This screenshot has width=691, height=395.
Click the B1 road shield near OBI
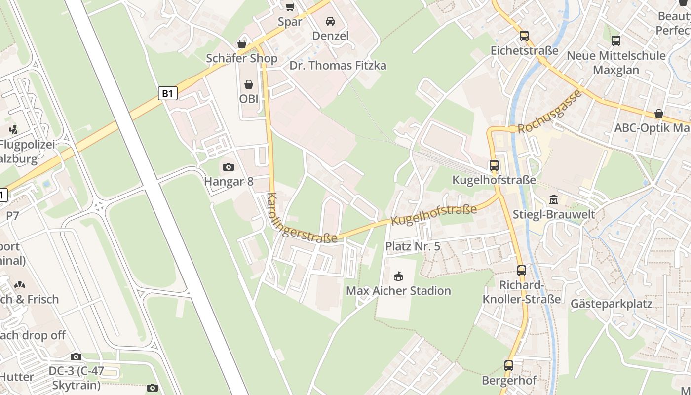tap(168, 93)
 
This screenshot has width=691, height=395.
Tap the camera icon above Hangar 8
tap(229, 167)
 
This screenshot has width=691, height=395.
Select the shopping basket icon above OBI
tap(249, 84)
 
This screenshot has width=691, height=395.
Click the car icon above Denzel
tap(330, 21)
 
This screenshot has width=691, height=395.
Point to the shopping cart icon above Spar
tap(290, 7)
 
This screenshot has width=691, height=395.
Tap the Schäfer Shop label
tap(241, 58)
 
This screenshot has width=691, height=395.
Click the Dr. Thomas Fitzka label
tap(338, 66)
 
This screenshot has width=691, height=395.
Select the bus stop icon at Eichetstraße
tap(524, 36)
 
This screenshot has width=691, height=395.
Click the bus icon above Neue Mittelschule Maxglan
tap(615, 41)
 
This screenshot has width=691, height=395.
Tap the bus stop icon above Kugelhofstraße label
tap(494, 165)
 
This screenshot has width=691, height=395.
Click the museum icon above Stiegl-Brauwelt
tap(553, 200)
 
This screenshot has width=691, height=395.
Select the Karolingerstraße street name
tap(301, 219)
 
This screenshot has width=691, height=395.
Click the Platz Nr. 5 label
tap(413, 246)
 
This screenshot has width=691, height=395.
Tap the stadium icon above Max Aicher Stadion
tap(398, 276)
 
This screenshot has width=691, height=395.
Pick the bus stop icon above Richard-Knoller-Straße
tap(522, 271)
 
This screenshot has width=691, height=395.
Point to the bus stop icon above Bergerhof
tap(509, 366)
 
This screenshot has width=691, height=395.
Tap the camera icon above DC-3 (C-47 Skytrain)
tap(76, 356)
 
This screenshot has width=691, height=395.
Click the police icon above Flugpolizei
tap(13, 130)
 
